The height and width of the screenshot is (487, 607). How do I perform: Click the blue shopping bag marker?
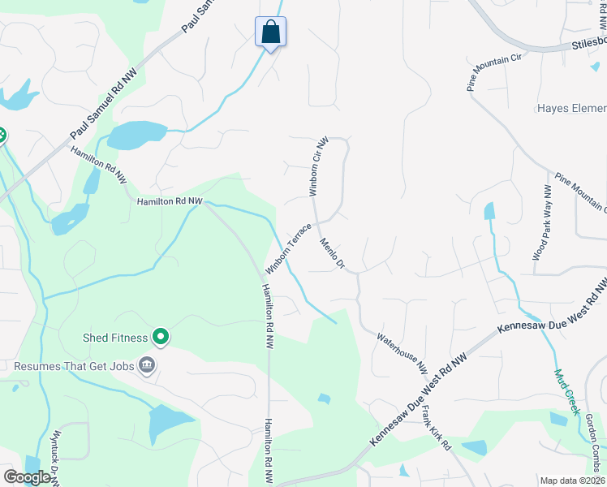(x=270, y=32)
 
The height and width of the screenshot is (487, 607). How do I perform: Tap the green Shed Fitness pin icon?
(x=161, y=336)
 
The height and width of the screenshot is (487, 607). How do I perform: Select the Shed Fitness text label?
(x=115, y=338)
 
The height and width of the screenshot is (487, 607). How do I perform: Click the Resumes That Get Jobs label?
(x=72, y=366)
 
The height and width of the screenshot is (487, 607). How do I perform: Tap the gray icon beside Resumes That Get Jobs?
(x=146, y=365)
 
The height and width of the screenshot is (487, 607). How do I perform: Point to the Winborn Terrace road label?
(x=288, y=248)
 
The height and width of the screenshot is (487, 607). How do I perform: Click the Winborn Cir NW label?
(x=318, y=166)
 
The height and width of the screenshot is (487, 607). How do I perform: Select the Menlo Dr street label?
(x=333, y=254)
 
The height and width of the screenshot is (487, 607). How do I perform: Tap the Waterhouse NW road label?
(x=402, y=351)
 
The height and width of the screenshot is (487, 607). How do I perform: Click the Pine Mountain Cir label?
(x=493, y=72)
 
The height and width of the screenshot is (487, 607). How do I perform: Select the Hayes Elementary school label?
(x=571, y=109)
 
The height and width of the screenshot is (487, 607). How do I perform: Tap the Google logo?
(x=27, y=477)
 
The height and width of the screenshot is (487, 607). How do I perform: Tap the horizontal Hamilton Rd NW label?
(x=169, y=201)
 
